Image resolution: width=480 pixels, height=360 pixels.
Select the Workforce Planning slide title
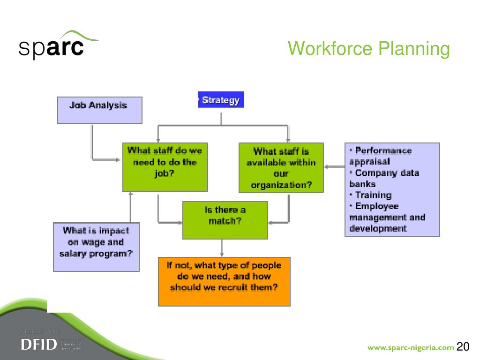pos(368,49)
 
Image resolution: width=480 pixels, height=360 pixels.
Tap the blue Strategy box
pos(221,100)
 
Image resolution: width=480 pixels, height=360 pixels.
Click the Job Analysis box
pos(99,110)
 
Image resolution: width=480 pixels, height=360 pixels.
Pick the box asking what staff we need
pos(165,167)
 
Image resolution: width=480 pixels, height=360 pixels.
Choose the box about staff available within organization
pos(281,168)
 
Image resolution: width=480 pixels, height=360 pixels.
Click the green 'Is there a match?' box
pos(225,220)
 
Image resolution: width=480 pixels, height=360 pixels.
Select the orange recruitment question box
pos(224,281)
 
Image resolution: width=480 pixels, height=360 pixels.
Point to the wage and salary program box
pos(96,247)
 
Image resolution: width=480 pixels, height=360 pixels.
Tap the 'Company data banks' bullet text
pos(383,178)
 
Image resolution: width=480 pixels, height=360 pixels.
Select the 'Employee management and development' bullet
pos(387,217)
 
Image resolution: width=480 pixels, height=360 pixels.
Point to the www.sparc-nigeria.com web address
pos(411,347)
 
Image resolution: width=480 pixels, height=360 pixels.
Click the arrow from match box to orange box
pos(222,248)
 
